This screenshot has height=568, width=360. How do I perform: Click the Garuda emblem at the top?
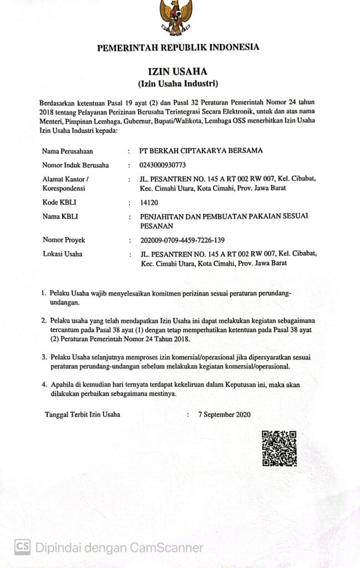point(176,17)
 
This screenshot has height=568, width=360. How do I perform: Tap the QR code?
point(279,448)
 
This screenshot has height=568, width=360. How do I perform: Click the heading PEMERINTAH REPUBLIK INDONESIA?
point(178,48)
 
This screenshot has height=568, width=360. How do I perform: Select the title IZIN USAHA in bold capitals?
point(178,72)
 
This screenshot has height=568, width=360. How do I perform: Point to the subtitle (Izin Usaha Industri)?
point(178,84)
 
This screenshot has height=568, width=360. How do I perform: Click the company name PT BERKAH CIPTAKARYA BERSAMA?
point(201,150)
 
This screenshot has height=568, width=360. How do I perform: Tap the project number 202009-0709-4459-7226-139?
point(183,240)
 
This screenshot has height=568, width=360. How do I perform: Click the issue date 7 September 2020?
point(228,414)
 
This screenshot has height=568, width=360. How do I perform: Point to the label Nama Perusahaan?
point(68,151)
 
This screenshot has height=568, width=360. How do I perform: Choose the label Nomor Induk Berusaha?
point(75,165)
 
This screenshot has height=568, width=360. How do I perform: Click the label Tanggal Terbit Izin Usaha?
point(82,414)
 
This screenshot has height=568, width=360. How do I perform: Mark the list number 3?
point(44,358)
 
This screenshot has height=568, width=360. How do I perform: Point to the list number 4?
point(44,384)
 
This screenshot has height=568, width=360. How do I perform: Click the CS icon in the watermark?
point(22,547)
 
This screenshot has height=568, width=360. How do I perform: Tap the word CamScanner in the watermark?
point(166,547)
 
